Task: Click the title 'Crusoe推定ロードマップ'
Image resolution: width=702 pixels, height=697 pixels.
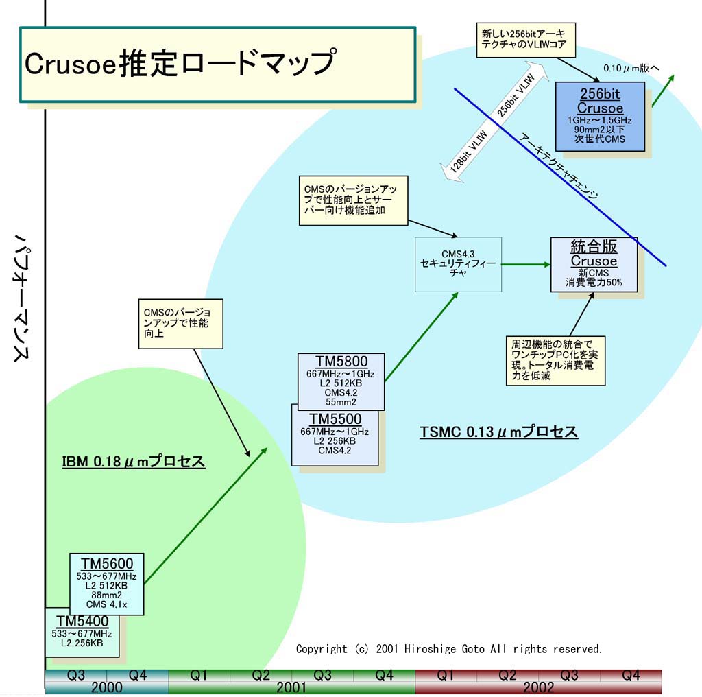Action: (x=180, y=63)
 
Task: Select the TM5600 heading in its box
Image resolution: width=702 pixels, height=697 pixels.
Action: (x=107, y=563)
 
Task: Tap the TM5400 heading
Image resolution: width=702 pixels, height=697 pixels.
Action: (x=79, y=621)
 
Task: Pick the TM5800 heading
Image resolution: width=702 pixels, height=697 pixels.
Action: (x=341, y=362)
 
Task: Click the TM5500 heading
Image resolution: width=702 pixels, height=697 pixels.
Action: (x=335, y=419)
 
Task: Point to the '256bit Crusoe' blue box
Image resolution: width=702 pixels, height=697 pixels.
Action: (x=600, y=116)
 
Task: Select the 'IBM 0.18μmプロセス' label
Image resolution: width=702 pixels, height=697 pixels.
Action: (x=134, y=461)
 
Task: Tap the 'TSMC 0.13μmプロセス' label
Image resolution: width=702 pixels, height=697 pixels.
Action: (x=498, y=432)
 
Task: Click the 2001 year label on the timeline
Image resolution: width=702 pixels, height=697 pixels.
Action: (x=291, y=687)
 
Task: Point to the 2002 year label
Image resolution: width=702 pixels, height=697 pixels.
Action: (x=538, y=687)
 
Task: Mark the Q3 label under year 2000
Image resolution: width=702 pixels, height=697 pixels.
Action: (x=76, y=675)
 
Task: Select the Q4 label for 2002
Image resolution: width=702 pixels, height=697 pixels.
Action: (x=631, y=675)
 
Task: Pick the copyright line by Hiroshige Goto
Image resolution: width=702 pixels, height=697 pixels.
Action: (x=449, y=648)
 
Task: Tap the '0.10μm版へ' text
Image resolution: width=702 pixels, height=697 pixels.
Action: (x=631, y=68)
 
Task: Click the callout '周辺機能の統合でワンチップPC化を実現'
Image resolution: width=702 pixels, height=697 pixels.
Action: (x=555, y=359)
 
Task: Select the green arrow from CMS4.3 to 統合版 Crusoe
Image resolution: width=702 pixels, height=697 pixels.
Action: (x=526, y=264)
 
